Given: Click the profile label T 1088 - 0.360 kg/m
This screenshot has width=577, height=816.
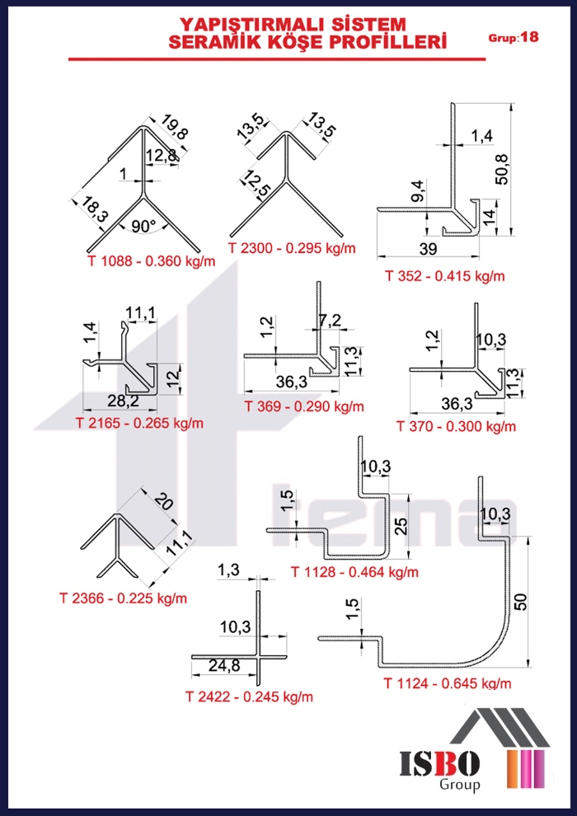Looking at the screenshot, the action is tap(152, 261).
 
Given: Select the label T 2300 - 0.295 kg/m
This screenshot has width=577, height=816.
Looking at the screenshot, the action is tap(292, 248).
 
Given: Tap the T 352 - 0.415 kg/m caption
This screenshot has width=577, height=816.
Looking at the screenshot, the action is tap(445, 276).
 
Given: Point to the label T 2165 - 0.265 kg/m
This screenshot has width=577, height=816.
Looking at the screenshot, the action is tap(139, 423).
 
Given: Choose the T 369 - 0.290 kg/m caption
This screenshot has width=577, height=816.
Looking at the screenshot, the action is tap(304, 406).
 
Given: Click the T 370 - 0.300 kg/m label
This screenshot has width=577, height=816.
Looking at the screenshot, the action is tap(457, 427).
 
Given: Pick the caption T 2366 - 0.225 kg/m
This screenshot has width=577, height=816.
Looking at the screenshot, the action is tap(123, 598).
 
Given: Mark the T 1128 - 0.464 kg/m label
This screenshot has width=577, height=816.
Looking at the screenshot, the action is tap(354, 573).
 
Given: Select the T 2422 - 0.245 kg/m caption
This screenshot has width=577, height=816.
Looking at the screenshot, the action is tap(249, 696).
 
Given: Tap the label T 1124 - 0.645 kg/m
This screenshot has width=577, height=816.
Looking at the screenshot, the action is tap(448, 683).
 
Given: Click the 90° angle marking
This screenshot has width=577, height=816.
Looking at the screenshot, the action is tap(143, 227).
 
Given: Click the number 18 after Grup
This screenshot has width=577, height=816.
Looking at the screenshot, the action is tap(529, 37).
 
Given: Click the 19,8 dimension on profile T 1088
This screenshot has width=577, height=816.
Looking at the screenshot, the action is tap(168, 128).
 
